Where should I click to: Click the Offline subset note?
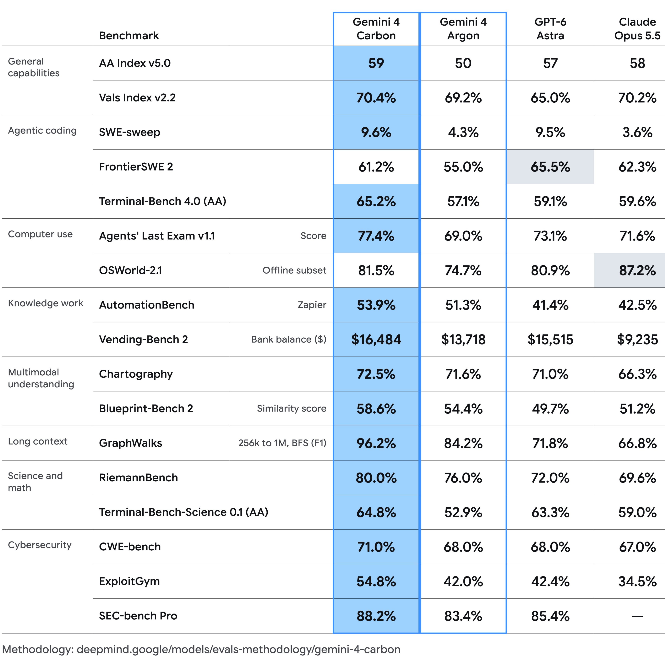294,270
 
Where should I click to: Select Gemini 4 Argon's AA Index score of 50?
463,63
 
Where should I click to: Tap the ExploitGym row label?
129,581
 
